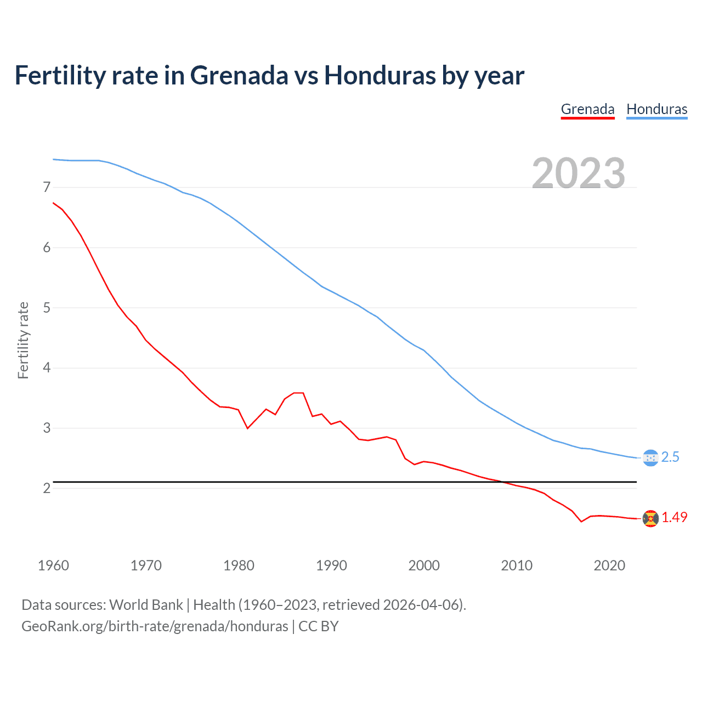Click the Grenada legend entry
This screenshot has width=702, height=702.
pos(587,109)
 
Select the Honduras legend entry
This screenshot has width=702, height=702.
pos(656,109)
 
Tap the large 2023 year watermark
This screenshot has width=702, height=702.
pos(578,173)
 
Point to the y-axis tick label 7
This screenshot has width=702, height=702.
pos(47,188)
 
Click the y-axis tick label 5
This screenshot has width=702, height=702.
pos(47,308)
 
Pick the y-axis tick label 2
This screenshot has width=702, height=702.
pos(47,488)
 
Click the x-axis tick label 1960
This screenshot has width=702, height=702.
pos(53,565)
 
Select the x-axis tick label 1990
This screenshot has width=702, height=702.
pos(331,565)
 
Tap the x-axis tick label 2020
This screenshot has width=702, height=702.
pos(609,565)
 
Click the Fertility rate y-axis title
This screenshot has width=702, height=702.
pos(23,340)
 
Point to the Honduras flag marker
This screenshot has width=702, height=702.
pos(650,457)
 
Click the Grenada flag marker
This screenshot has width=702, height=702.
pos(650,518)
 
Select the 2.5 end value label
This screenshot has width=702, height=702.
pos(670,457)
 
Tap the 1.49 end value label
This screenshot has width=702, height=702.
pos(674,518)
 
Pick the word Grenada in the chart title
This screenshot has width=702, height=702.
pos(239,75)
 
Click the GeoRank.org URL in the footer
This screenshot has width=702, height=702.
pos(155,626)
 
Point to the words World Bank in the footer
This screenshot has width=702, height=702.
pos(146,605)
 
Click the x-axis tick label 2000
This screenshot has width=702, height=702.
pos(424,565)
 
